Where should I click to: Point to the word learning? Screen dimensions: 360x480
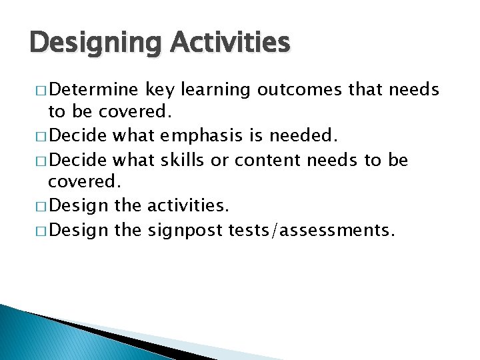[x=215, y=89]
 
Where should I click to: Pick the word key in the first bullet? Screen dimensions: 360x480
[x=159, y=89]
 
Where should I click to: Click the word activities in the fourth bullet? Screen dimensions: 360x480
[x=188, y=207]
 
